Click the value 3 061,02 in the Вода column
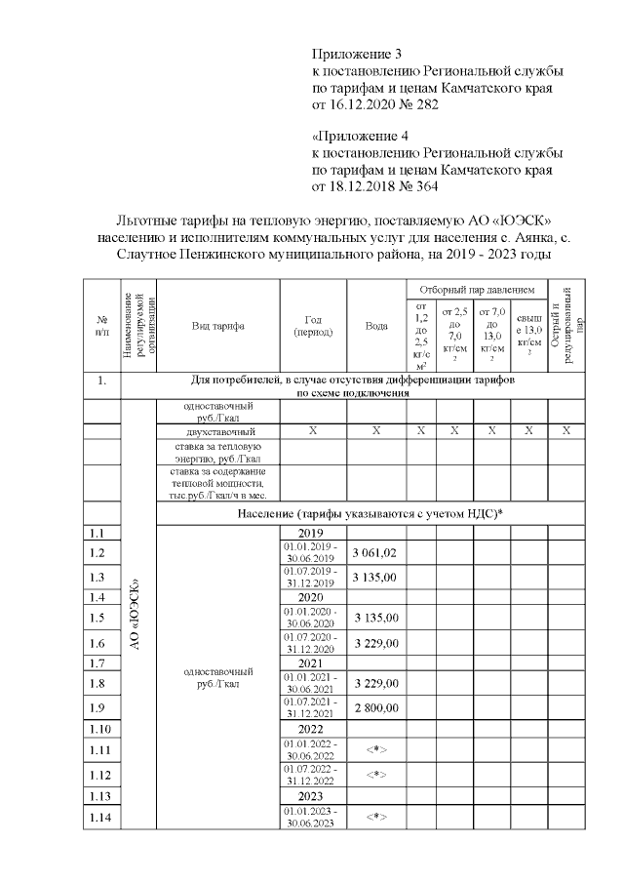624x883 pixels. [x=375, y=552]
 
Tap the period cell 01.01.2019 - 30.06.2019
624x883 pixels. [x=309, y=552]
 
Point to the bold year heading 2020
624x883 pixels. [x=309, y=596]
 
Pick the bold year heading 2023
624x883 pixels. [x=309, y=795]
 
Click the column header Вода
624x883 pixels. [x=376, y=326]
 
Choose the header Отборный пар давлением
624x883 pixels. [x=477, y=290]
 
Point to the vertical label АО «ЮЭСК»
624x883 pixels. [x=136, y=615]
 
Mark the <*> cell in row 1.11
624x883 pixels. [x=375, y=749]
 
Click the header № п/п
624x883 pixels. [x=101, y=326]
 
